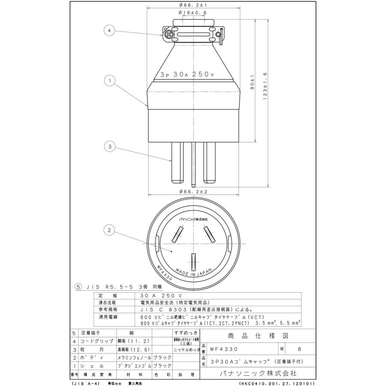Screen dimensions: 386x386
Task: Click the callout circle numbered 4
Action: click(x=110, y=31)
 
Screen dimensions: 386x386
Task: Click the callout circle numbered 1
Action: click(x=110, y=80)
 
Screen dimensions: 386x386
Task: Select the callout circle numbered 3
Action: click(x=110, y=146)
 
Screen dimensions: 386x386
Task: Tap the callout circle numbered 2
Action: click(x=110, y=230)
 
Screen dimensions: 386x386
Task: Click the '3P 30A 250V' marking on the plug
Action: click(x=187, y=74)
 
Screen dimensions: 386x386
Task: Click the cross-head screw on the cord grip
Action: click(x=168, y=33)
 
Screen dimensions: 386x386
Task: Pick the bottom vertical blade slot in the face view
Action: click(x=193, y=261)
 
